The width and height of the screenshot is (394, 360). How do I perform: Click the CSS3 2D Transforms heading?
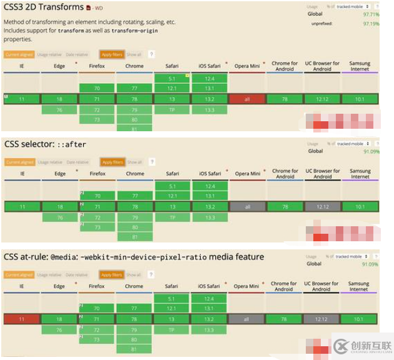click(x=44, y=7)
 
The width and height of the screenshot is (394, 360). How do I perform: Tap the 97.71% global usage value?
click(x=371, y=13)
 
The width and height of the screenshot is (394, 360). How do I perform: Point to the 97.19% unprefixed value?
click(x=371, y=23)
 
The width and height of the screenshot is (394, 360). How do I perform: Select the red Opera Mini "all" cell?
click(x=247, y=99)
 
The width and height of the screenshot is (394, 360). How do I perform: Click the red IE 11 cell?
click(x=22, y=319)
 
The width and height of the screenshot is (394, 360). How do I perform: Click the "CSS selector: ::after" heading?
click(x=46, y=144)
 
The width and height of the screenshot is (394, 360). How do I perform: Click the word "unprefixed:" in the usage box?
click(x=322, y=23)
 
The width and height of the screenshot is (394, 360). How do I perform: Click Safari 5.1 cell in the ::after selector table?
click(x=172, y=186)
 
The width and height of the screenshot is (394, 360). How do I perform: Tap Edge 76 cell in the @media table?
click(x=59, y=329)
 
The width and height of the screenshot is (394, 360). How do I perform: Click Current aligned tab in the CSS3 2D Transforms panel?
click(x=19, y=55)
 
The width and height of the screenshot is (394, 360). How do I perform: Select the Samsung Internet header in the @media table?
click(x=359, y=286)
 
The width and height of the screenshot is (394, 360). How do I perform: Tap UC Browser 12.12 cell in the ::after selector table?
click(x=322, y=206)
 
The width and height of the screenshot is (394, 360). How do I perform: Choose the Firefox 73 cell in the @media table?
click(x=97, y=339)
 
